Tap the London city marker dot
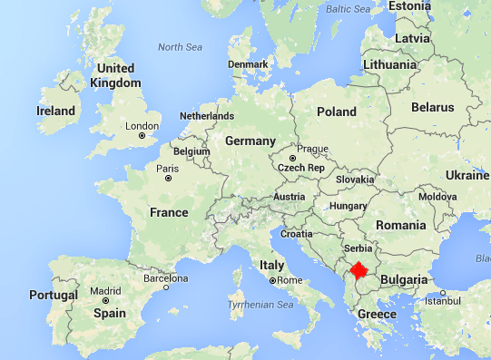pos(142,136)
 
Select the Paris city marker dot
pos(169,178)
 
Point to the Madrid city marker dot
pos(106,300)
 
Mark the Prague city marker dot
pos(292,159)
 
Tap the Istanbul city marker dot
pos(443,293)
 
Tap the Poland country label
pos(336,112)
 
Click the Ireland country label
pos(55,111)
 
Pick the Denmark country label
pos(249,64)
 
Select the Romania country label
pos(402,225)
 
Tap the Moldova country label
pos(437,197)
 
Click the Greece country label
pos(377,315)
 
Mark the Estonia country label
pos(410,6)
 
